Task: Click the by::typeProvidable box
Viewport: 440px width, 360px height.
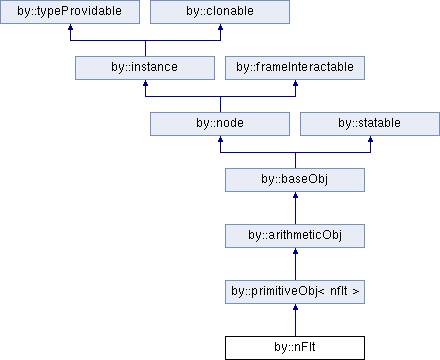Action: click(70, 12)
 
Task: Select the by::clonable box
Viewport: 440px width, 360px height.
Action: click(220, 12)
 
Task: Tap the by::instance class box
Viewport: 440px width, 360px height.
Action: click(145, 68)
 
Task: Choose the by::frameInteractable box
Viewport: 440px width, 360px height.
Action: click(295, 68)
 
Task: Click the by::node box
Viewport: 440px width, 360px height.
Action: click(220, 124)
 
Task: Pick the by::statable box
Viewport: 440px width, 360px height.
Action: click(370, 124)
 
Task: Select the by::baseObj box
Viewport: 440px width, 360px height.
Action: click(295, 180)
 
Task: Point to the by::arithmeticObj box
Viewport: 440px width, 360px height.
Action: click(295, 236)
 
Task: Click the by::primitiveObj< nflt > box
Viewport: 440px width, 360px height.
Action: click(295, 292)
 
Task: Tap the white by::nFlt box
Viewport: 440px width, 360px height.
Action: click(295, 348)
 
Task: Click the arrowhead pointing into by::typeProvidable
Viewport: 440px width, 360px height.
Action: click(70, 27)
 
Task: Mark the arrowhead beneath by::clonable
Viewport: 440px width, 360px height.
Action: click(220, 27)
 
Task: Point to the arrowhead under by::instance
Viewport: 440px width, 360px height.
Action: click(145, 83)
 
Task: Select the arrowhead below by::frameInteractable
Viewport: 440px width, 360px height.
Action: click(295, 83)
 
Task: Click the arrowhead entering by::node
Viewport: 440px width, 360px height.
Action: click(220, 139)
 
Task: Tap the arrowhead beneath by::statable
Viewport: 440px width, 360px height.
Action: click(370, 139)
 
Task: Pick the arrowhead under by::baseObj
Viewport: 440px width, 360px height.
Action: click(295, 195)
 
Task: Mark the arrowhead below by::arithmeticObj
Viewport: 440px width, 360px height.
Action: click(295, 251)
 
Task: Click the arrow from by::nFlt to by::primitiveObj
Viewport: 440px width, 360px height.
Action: click(295, 320)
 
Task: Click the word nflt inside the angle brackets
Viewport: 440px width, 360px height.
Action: click(339, 291)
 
